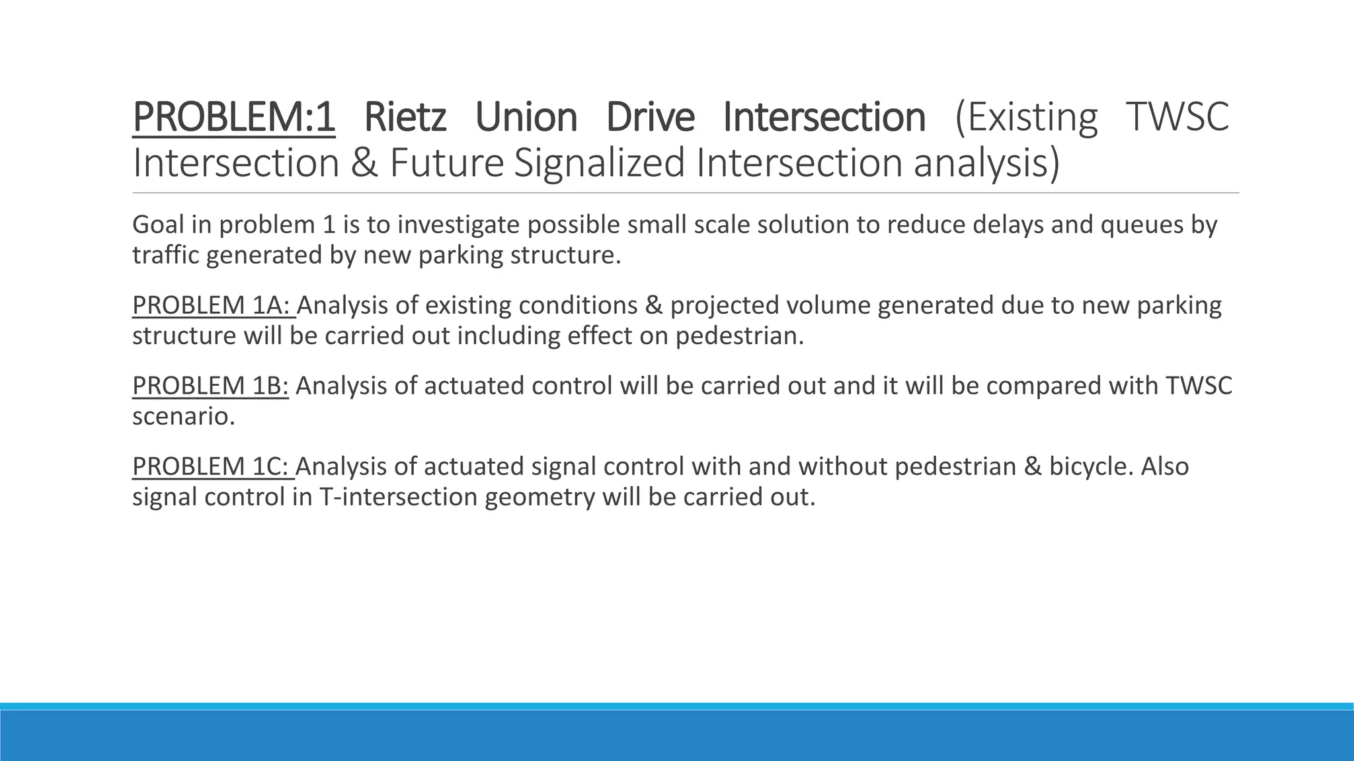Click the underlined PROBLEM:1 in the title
[233, 118]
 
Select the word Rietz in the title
[405, 118]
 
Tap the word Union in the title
[526, 118]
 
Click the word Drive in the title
[650, 118]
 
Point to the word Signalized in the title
[600, 163]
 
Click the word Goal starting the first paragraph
[158, 225]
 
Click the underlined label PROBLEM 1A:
[213, 306]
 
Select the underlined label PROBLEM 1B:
[210, 386]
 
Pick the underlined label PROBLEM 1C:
[213, 466]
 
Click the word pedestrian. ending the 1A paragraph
[739, 336]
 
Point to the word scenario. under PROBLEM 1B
[183, 417]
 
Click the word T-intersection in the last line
[398, 497]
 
